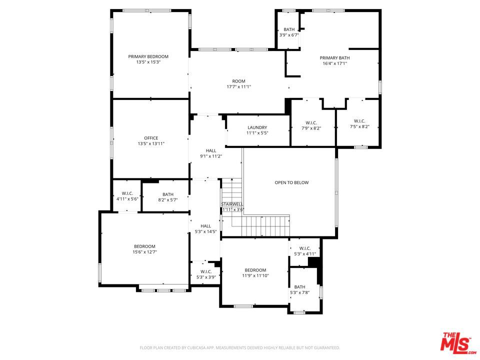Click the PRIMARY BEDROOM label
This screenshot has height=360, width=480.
click(148, 56)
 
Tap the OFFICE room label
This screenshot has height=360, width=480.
click(151, 138)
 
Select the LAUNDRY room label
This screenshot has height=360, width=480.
click(257, 127)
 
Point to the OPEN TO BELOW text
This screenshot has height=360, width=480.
click(291, 182)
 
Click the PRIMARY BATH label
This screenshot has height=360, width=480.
click(334, 58)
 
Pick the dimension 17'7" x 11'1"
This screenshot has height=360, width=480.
click(239, 86)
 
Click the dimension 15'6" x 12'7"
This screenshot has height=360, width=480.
click(145, 252)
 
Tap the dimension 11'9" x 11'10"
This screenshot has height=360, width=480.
click(255, 275)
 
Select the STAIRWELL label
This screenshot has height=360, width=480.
click(232, 204)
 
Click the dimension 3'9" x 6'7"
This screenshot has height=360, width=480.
click(289, 35)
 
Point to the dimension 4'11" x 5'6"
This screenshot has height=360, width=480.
click(127, 198)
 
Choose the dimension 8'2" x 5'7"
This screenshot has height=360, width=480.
click(168, 200)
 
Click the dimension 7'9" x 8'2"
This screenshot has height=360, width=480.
click(311, 128)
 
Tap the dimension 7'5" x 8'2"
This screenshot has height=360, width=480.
click(359, 126)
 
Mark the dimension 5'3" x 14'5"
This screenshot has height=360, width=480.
click(205, 231)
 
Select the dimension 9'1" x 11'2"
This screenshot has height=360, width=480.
click(211, 156)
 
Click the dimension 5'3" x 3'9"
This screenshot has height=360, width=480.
click(206, 277)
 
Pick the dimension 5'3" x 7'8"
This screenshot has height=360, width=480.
click(300, 292)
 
